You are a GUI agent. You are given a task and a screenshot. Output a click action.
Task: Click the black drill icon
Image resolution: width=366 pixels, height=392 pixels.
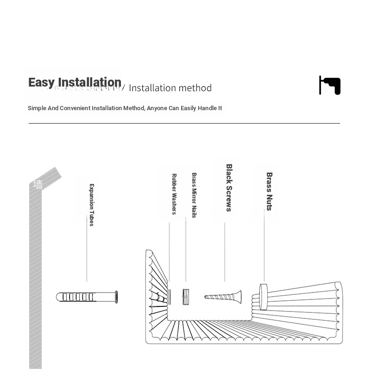click(330, 85)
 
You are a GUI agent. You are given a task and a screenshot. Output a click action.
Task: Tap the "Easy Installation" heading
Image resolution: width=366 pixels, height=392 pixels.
click(75, 82)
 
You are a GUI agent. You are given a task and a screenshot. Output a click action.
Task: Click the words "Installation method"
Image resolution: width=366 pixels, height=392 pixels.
click(170, 88)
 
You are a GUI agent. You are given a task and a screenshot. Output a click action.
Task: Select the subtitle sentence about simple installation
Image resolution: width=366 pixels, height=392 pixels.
click(125, 108)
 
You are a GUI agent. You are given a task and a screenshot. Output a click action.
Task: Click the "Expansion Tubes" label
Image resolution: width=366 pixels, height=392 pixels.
click(91, 205)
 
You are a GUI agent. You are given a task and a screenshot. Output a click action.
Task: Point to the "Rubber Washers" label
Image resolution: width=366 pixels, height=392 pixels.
click(174, 194)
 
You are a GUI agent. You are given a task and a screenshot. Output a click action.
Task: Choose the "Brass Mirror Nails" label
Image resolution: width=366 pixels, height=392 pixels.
click(194, 195)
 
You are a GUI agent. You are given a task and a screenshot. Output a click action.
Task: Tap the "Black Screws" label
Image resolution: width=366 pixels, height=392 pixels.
click(229, 187)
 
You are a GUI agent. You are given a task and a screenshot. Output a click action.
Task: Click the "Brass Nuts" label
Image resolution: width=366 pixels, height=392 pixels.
click(269, 191)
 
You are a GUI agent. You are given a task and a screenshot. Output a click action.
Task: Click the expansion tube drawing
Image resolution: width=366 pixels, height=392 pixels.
click(87, 297)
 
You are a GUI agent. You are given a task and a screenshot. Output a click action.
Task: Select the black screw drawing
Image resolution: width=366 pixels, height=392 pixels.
click(223, 297)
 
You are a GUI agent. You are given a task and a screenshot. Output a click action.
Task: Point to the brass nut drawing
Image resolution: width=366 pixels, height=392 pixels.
click(264, 297)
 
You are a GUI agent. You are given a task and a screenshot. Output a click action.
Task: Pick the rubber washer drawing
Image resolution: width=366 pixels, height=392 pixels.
click(169, 297)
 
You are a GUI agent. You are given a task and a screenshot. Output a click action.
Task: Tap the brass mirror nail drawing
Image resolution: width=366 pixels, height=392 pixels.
click(186, 297)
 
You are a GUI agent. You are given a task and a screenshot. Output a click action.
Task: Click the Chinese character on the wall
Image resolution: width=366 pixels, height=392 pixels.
click(38, 185)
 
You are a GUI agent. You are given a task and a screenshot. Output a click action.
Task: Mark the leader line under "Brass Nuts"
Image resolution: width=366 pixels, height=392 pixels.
click(264, 245)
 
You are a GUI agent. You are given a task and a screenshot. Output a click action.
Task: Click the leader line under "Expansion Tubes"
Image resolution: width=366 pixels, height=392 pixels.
click(87, 255)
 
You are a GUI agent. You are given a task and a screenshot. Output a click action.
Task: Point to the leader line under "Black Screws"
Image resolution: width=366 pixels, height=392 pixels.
click(225, 252)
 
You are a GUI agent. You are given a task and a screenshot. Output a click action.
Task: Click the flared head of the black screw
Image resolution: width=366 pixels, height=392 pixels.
click(238, 297)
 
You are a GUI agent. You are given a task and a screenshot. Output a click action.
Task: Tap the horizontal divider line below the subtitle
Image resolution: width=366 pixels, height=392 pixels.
click(184, 124)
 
